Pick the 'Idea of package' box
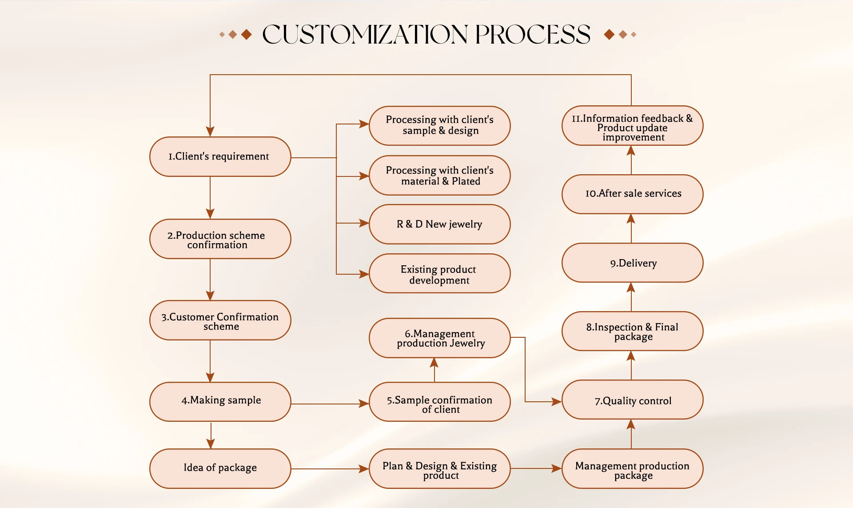coord(220,468)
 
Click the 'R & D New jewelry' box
coord(439,224)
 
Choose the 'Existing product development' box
coord(439,274)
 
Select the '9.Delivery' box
coord(632,263)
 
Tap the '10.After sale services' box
coord(632,194)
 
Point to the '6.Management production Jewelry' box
coord(439,338)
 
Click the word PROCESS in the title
coord(533,35)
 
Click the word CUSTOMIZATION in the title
coord(365,35)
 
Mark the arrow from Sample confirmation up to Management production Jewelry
coord(434,369)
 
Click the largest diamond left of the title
coord(246,34)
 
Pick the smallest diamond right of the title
coord(634,34)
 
